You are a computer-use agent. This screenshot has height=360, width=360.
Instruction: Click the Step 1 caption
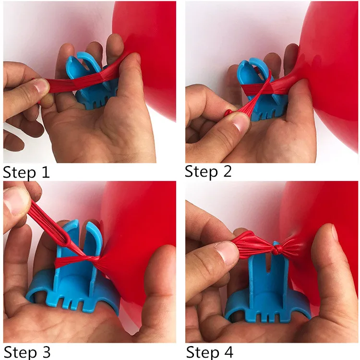pos(26,171)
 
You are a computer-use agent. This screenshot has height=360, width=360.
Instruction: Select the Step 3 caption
pos(26,351)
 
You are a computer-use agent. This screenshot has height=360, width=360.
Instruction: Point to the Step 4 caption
pos(209,351)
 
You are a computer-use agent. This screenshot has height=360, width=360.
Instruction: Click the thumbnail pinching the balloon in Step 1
pos(40,87)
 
